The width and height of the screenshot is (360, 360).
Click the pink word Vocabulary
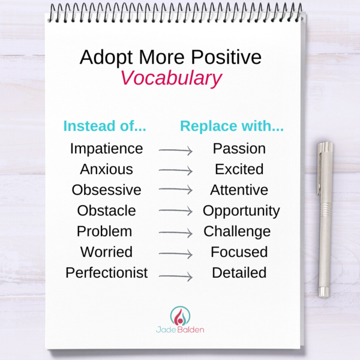(x=171, y=78)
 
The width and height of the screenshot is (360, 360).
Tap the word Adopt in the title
(x=106, y=58)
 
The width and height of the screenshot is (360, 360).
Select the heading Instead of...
(x=104, y=126)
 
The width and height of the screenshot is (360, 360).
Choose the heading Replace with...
(x=232, y=126)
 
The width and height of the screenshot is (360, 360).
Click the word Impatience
(x=107, y=149)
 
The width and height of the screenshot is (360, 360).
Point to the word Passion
(x=239, y=149)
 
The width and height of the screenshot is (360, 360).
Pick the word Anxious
(x=107, y=169)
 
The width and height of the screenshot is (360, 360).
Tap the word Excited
(x=239, y=169)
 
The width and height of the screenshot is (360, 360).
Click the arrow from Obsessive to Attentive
(x=176, y=190)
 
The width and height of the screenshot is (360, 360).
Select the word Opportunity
(x=241, y=211)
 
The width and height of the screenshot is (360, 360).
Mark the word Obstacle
(x=107, y=211)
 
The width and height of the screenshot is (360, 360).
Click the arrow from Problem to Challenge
(x=176, y=233)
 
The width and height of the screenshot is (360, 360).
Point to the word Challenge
(x=237, y=232)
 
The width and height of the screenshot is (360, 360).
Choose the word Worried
(x=107, y=252)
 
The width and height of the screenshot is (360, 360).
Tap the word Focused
(x=239, y=252)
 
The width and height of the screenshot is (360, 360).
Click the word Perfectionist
(x=107, y=272)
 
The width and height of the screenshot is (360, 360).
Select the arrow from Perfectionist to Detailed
(x=176, y=276)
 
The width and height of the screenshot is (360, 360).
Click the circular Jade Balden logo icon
(x=180, y=316)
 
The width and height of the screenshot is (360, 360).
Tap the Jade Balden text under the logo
(x=180, y=329)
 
